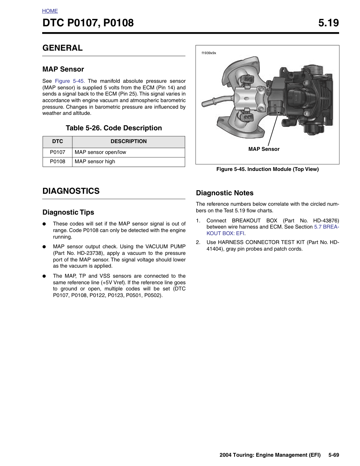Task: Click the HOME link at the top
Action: (50, 11)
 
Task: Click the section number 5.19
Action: (328, 23)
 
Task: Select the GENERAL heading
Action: (62, 48)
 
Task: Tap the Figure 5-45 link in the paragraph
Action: (70, 81)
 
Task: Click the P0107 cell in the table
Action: (58, 152)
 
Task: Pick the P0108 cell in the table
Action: (58, 162)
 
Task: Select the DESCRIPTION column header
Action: (129, 141)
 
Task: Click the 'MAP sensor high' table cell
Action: (95, 162)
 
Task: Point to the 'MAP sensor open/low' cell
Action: (100, 152)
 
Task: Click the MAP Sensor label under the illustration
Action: (264, 149)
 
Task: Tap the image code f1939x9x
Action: (209, 53)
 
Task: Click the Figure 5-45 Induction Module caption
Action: (267, 169)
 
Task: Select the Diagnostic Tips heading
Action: (68, 212)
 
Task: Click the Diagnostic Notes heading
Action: (225, 193)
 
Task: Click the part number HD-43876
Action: (326, 221)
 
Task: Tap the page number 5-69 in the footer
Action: (334, 455)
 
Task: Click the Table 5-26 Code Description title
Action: (114, 128)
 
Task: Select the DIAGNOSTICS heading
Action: (71, 191)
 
